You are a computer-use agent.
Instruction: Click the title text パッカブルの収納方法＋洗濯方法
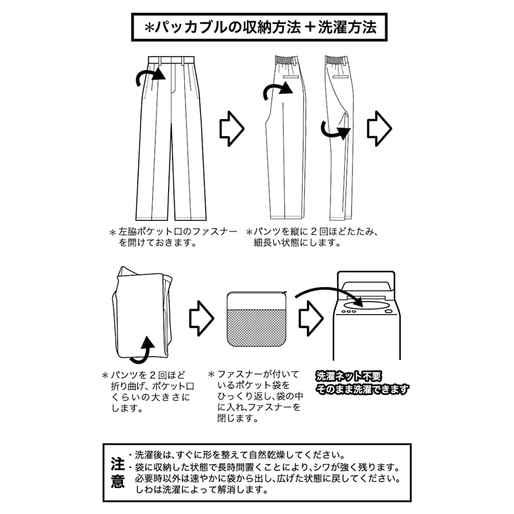261,27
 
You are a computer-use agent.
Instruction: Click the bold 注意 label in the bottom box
117,472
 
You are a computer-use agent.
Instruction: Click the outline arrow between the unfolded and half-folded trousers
232,128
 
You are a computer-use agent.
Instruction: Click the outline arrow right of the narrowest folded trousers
379,128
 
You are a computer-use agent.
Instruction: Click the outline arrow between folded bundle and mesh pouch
201,318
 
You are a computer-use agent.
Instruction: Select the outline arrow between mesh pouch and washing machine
311,318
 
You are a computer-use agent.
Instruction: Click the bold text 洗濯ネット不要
348,376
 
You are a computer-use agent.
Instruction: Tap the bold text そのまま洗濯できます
362,390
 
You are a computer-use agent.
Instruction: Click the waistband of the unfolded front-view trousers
171,60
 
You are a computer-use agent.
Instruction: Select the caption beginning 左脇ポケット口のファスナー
173,237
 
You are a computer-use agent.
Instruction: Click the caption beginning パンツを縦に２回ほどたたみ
313,237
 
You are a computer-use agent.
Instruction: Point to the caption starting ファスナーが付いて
255,396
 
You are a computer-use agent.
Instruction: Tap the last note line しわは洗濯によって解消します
202,490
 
